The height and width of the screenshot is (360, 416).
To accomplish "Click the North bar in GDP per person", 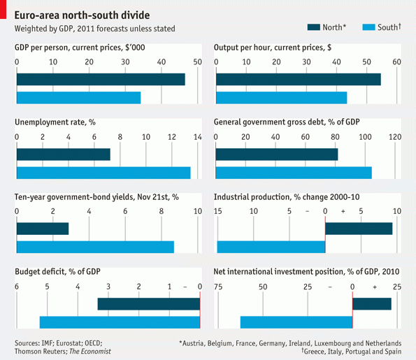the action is coord(101,79).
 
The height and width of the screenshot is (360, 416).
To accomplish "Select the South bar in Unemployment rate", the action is coord(103,173).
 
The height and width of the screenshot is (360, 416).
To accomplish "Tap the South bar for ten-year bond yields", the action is coord(95,247).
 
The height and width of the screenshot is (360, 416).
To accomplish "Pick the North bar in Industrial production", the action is coord(359,229).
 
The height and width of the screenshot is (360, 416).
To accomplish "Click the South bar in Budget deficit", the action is coord(120,322).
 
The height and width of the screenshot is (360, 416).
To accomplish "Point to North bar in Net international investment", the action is coord(372,304).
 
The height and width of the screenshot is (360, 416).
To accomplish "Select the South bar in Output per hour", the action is coord(282,98).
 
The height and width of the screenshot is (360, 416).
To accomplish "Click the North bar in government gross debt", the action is coord(277,154).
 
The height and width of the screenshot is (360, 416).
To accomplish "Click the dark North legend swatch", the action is coord(314,27).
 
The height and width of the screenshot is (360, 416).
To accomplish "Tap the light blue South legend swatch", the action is coord(368,27).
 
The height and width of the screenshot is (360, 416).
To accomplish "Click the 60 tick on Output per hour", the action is coord(396,62).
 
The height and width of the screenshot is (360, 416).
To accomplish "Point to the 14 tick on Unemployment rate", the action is coord(198,137).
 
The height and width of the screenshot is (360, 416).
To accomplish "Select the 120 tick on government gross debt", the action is coord(395,137).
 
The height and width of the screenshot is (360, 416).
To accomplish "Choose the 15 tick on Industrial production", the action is coord(218,211).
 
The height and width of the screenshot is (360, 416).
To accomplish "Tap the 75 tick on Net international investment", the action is coord(218,287).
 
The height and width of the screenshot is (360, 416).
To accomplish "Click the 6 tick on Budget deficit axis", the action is coord(17,287).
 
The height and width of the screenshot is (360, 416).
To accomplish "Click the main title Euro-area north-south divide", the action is coord(82,15).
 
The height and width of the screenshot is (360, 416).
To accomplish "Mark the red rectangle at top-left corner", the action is coord(3,9).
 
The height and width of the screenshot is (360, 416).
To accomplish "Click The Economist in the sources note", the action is coord(90,352).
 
